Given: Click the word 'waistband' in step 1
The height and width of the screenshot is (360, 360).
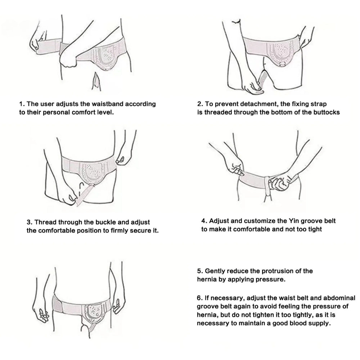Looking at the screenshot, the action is pos(107,104).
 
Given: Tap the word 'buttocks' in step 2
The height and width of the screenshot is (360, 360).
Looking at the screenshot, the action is pos(325,112).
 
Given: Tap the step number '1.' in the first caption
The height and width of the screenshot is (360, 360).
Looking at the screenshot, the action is pos(22,104).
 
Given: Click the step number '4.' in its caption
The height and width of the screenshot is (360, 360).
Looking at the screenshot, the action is pos(204,221).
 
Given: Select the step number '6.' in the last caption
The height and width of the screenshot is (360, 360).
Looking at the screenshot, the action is pos(200,298).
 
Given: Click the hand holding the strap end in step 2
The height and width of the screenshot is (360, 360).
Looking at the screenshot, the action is pos(253,86).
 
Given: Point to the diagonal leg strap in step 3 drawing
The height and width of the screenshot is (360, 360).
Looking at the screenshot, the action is pos(85,195).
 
